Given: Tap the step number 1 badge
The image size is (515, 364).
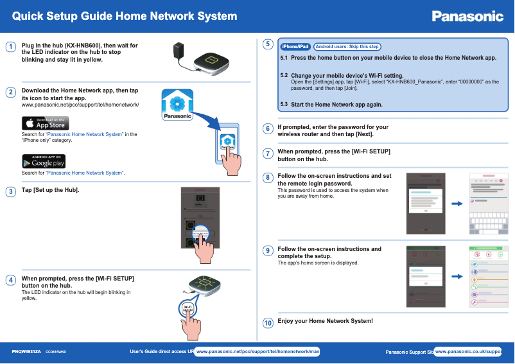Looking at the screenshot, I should coord(10,47).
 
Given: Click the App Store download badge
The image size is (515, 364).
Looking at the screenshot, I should coord(46,123).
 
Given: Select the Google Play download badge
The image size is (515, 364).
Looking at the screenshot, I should coord(46,161).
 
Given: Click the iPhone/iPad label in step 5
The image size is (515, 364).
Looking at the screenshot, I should coord(295,47).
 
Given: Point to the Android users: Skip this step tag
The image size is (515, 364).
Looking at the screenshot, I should coord(347,47).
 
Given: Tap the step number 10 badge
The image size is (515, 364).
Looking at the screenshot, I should coord(268,323).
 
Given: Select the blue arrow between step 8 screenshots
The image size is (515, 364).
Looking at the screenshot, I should coord(457,204).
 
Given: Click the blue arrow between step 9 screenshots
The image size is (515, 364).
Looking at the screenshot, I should coord(457,277).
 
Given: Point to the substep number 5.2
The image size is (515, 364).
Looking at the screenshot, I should coord(284,75).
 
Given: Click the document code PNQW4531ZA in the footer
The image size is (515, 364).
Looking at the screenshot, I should coord(26,352).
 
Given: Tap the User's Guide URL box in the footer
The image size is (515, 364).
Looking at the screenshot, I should coord(257,352).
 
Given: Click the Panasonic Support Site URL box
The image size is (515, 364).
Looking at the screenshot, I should coord(468,352).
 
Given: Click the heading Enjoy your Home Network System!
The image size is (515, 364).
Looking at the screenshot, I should coord(325,321).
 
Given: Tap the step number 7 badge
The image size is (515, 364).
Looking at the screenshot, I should coord(268,153).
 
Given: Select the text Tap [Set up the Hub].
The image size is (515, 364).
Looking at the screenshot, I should coord(51,190).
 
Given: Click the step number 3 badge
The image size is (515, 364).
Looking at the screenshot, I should coord(10,192).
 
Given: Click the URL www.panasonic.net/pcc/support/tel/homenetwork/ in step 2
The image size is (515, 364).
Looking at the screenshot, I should coord(80,104).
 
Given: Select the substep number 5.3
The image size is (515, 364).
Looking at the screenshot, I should coord(284,103).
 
